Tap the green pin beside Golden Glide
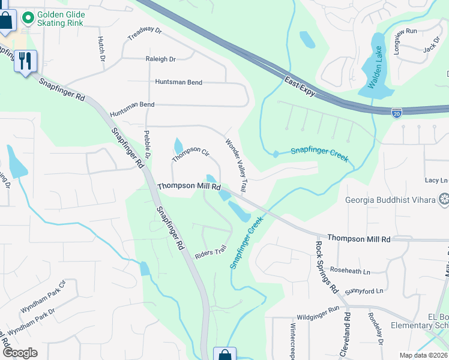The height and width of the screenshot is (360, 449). tap(26, 18)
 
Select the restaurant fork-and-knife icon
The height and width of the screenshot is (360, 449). tap(25, 61)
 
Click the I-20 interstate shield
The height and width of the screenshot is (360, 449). tap(397, 112)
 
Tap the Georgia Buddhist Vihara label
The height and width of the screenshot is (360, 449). tap(390, 200)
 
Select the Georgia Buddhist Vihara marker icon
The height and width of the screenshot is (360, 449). tap(444, 199)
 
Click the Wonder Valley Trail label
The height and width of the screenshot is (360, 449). tap(236, 166)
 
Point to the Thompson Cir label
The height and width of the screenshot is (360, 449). tap(190, 154)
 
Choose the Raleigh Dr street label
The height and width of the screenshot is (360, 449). tap(160, 59)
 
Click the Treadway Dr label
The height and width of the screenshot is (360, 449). tap(145, 34)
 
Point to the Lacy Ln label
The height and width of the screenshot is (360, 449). tap(436, 180)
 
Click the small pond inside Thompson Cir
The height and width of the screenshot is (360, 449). tap(178, 145)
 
